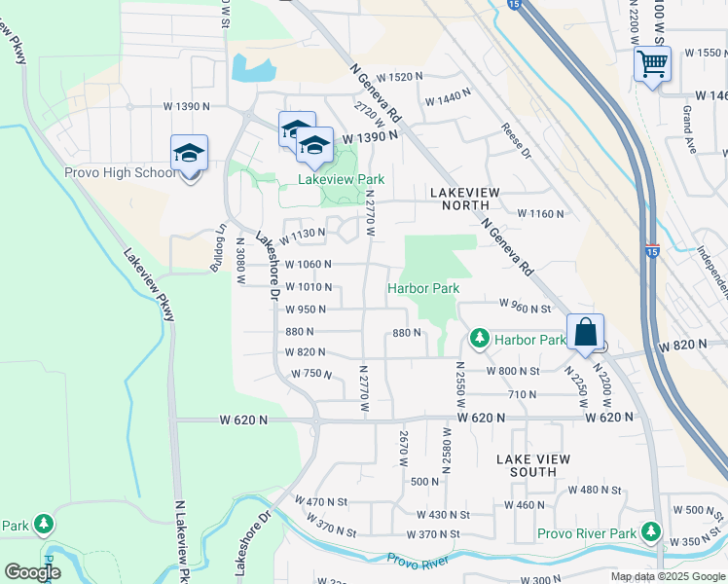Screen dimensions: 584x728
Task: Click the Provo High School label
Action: pyautogui.click(x=120, y=172)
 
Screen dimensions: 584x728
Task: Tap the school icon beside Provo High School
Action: pyautogui.click(x=190, y=153)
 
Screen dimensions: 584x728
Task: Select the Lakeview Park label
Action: pyautogui.click(x=341, y=179)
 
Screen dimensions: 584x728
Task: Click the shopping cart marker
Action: pyautogui.click(x=652, y=64)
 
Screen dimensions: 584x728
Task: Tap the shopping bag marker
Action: pyautogui.click(x=585, y=332)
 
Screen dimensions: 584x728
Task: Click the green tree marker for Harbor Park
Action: pyautogui.click(x=479, y=339)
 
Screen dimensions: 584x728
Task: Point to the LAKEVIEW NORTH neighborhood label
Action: pyautogui.click(x=465, y=193)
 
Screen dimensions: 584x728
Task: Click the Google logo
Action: pyautogui.click(x=32, y=572)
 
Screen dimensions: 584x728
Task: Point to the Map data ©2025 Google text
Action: pyautogui.click(x=668, y=576)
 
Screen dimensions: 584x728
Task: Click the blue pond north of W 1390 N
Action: pyautogui.click(x=252, y=68)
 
